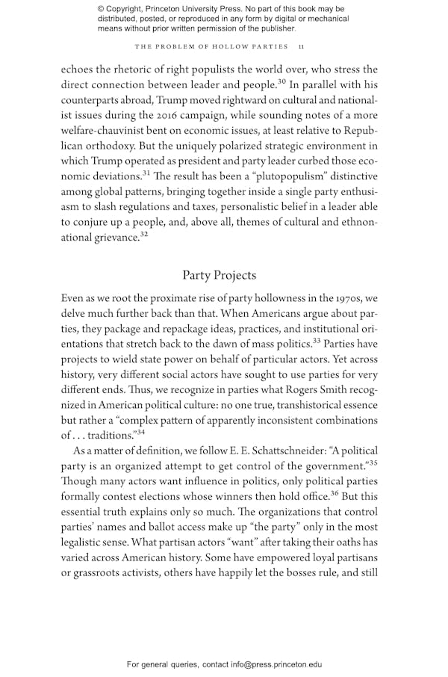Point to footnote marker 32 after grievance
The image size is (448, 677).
pos(143,235)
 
